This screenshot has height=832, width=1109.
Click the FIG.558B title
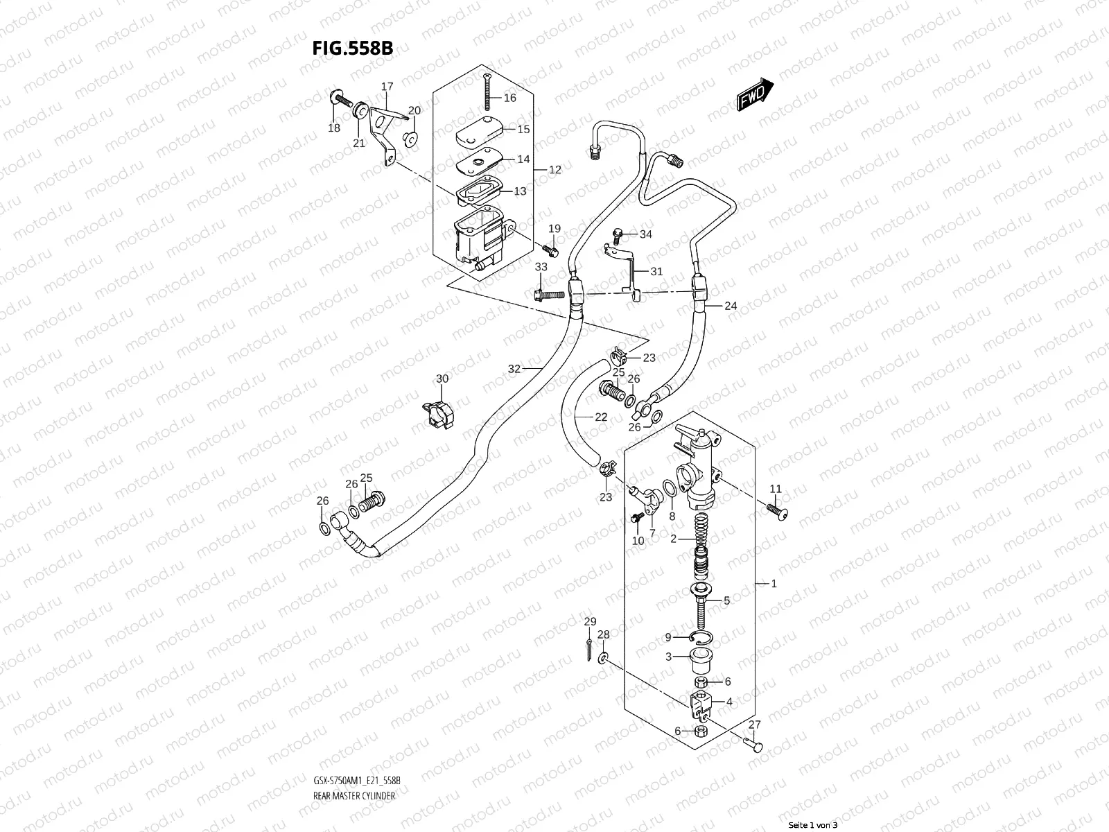352,48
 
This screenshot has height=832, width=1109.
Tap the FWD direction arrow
755,94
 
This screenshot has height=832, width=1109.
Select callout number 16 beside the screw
509,98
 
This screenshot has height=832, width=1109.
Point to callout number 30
442,379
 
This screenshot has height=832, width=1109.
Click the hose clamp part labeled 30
437,414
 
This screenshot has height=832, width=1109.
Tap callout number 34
645,234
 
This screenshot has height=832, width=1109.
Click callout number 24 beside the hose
731,306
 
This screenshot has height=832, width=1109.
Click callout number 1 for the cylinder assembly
774,583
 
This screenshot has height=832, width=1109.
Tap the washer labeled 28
604,656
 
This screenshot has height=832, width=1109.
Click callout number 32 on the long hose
514,369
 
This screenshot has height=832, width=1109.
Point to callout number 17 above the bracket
387,87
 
